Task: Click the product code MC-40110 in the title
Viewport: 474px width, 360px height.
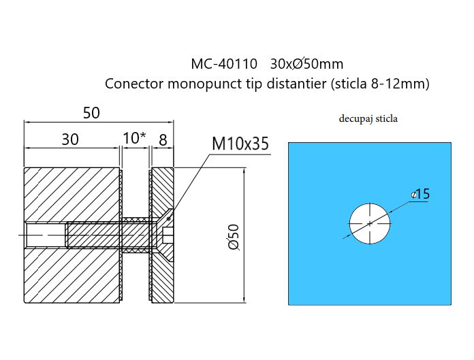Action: click(224, 65)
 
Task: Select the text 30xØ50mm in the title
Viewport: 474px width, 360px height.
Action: click(306, 65)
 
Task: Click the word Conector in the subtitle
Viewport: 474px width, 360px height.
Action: click(131, 84)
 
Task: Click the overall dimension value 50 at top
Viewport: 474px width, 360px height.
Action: click(91, 113)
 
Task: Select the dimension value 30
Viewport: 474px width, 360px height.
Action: click(69, 140)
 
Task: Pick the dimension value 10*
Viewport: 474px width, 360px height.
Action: click(134, 139)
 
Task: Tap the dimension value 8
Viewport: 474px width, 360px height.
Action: click(162, 140)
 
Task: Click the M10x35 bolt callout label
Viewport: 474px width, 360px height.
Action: click(240, 144)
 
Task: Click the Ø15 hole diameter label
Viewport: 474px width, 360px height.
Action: click(421, 195)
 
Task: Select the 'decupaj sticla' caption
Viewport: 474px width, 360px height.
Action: click(368, 118)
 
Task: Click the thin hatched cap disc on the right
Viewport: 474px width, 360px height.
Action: click(162, 279)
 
